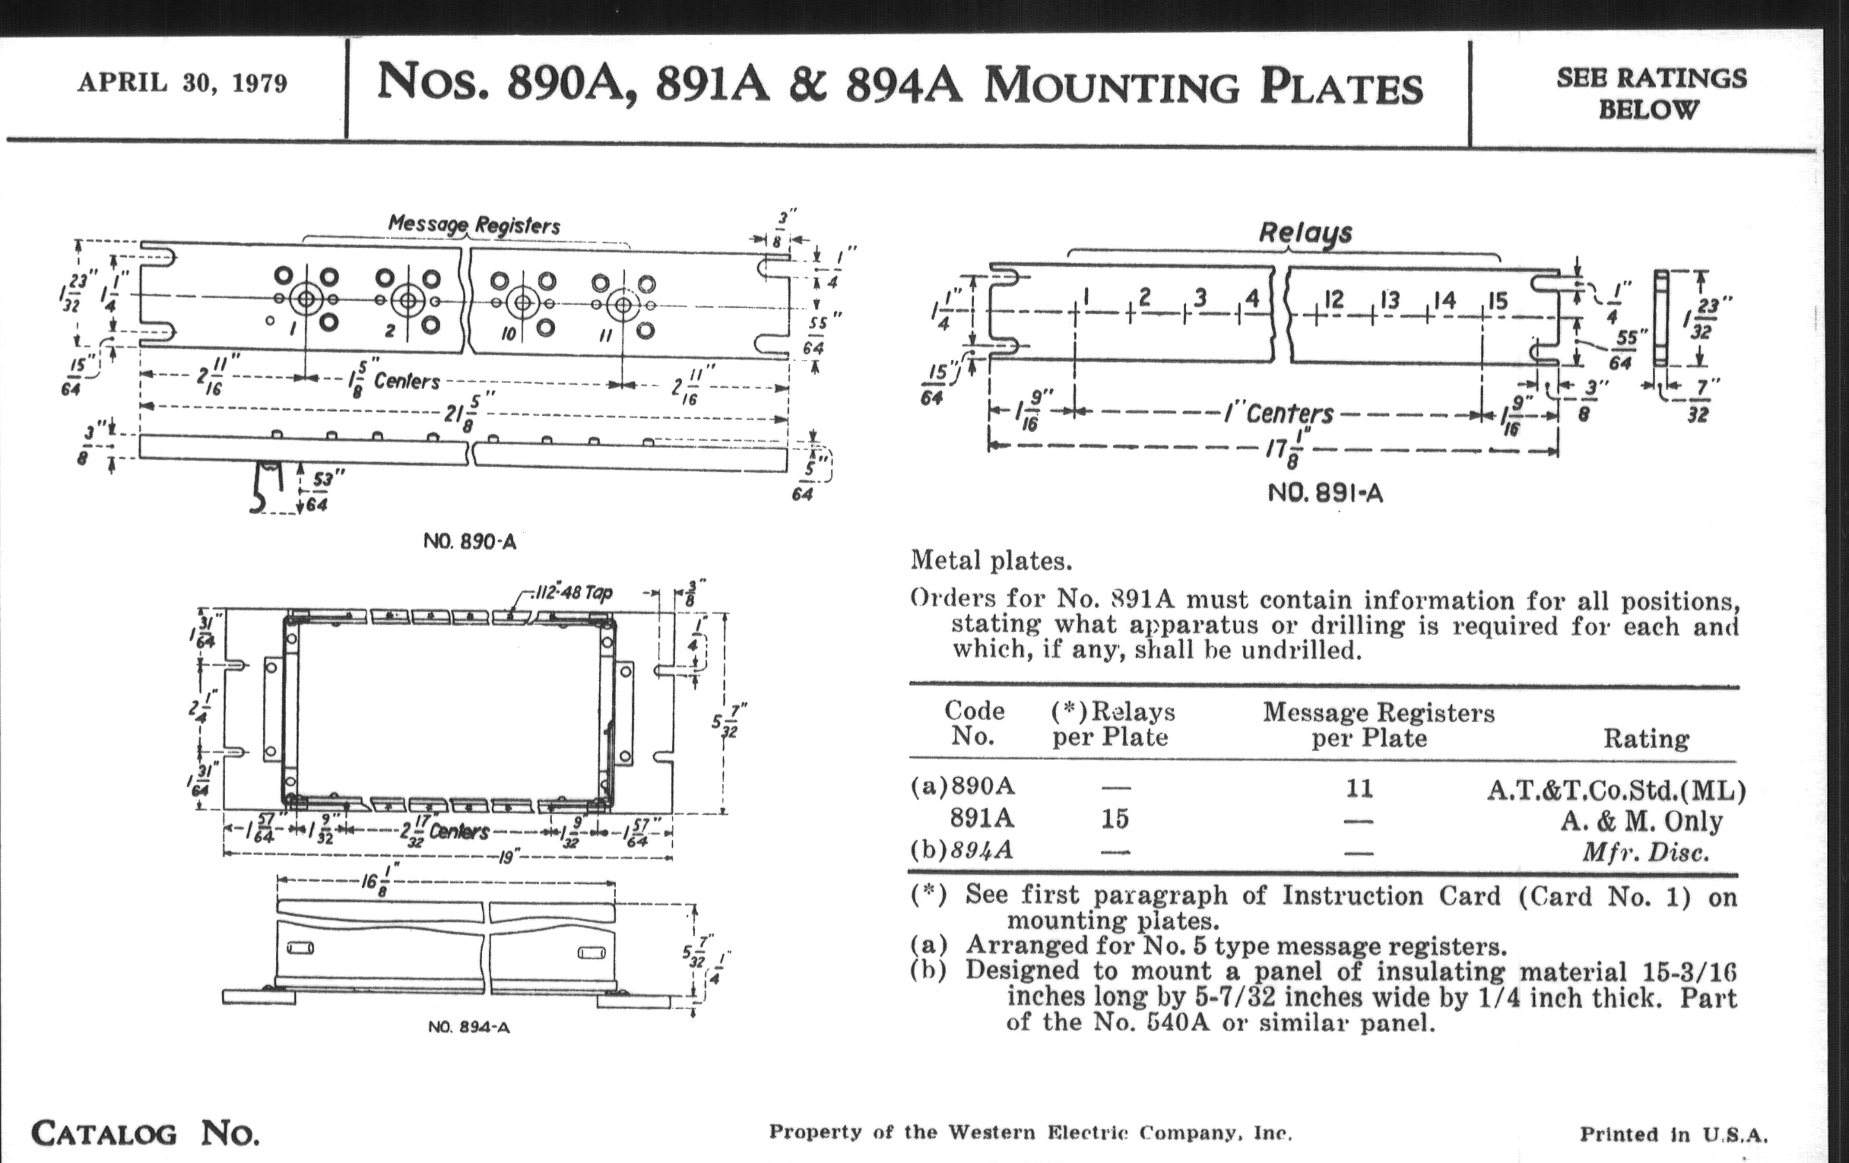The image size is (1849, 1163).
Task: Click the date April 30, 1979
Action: [x=182, y=83]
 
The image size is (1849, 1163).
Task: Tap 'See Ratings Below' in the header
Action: [x=1651, y=93]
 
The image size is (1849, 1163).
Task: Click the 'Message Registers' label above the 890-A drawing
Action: [x=474, y=225]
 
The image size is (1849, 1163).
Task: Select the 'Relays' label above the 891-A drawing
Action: [x=1305, y=232]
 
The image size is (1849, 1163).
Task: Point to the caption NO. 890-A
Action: [x=469, y=542]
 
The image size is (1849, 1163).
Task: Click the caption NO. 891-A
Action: [x=1324, y=493]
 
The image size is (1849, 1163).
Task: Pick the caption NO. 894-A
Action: [x=468, y=1027]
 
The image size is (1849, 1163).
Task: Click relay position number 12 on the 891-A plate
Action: [x=1334, y=300]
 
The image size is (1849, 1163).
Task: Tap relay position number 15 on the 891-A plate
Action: [x=1497, y=300]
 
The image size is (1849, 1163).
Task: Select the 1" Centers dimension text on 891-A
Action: [x=1278, y=414]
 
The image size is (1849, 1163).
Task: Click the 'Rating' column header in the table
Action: [x=1645, y=739]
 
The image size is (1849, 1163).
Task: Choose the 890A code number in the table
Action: [x=982, y=787]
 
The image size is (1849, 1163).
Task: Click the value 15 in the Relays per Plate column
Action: [x=1114, y=819]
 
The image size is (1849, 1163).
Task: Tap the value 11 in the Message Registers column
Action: [x=1359, y=788]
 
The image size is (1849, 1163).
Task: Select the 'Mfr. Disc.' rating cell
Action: [x=1644, y=852]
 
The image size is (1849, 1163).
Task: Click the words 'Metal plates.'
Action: [x=991, y=561]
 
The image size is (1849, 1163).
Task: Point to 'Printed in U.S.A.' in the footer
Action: [x=1673, y=1134]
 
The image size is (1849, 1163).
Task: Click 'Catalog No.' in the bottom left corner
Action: [x=145, y=1133]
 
